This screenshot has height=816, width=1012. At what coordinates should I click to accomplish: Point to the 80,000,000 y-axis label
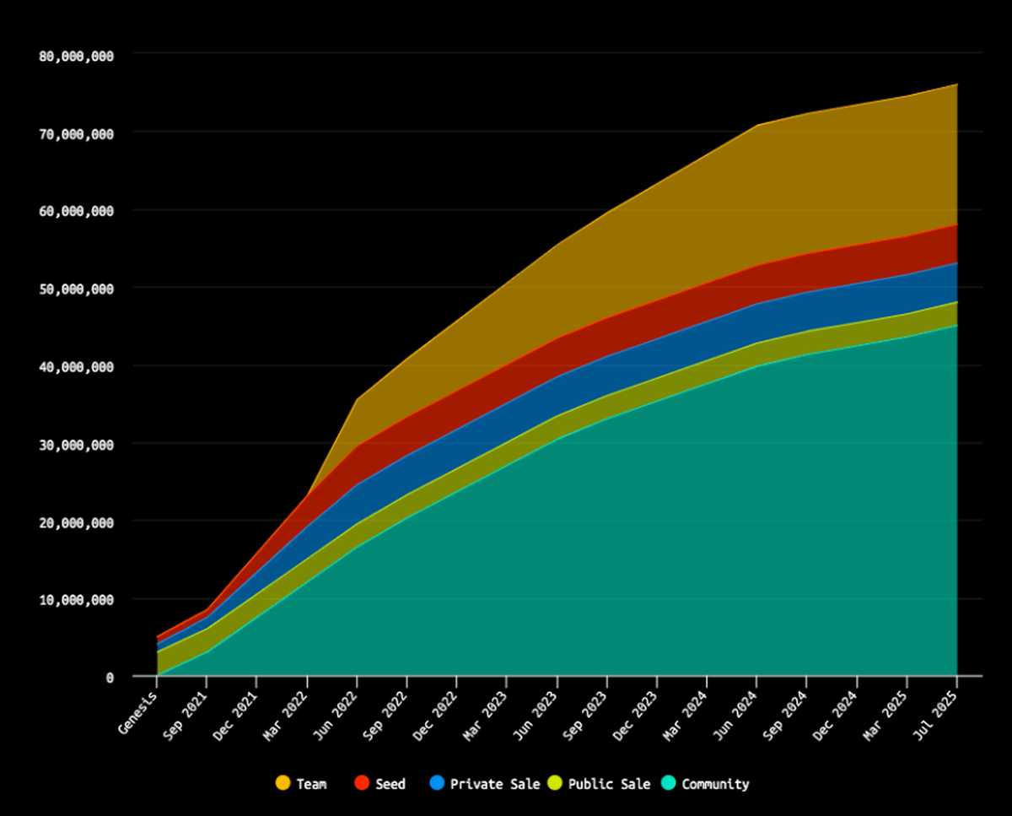coord(77,55)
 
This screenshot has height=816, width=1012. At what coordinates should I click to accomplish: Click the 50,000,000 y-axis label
coord(77,289)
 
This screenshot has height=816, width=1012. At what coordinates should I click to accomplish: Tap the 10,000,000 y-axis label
coord(77,600)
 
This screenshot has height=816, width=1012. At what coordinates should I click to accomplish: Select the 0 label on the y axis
coord(110,677)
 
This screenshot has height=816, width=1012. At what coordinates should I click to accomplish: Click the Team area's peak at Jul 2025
coord(956,84)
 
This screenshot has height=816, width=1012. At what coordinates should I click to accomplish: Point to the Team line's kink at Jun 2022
coord(358,399)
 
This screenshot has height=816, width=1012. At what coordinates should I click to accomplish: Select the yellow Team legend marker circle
coord(283,784)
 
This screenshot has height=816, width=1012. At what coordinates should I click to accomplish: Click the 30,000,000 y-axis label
coord(77,444)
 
